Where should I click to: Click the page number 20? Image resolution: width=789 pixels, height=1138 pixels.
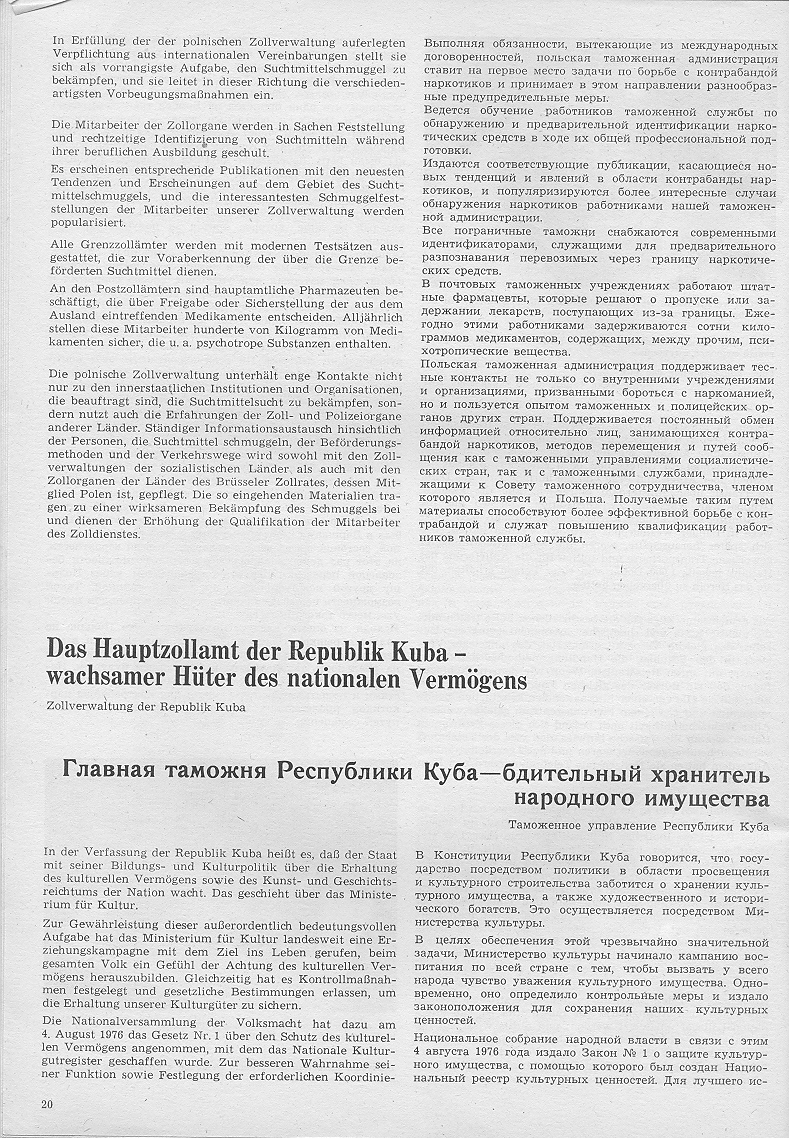(x=47, y=1103)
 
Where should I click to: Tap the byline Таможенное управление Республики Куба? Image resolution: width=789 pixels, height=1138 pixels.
(x=638, y=826)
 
